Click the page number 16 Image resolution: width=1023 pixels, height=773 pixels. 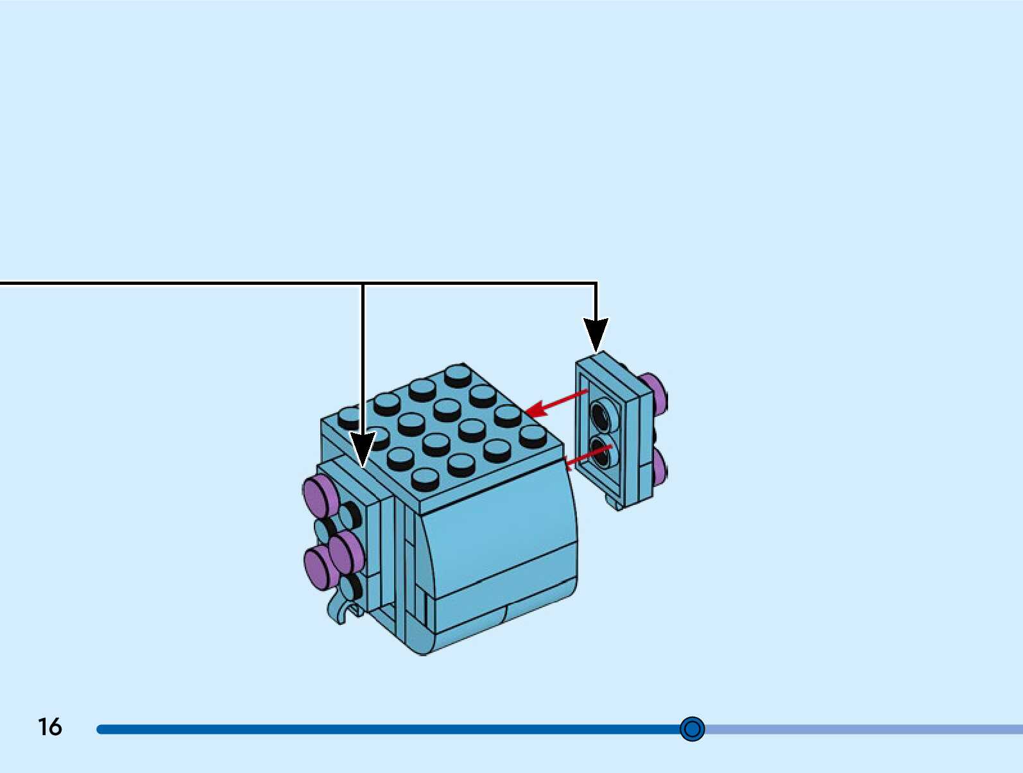49,727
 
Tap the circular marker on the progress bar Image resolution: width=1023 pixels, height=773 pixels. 692,729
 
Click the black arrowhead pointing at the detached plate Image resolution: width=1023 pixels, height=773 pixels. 596,334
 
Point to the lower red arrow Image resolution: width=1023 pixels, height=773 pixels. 587,456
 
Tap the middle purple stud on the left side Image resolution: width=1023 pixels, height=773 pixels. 347,550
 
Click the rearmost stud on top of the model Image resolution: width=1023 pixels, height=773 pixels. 458,374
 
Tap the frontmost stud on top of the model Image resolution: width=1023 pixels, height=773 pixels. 424,479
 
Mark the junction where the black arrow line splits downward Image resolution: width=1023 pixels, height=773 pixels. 363,283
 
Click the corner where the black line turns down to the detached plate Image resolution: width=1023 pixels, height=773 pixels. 596,283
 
